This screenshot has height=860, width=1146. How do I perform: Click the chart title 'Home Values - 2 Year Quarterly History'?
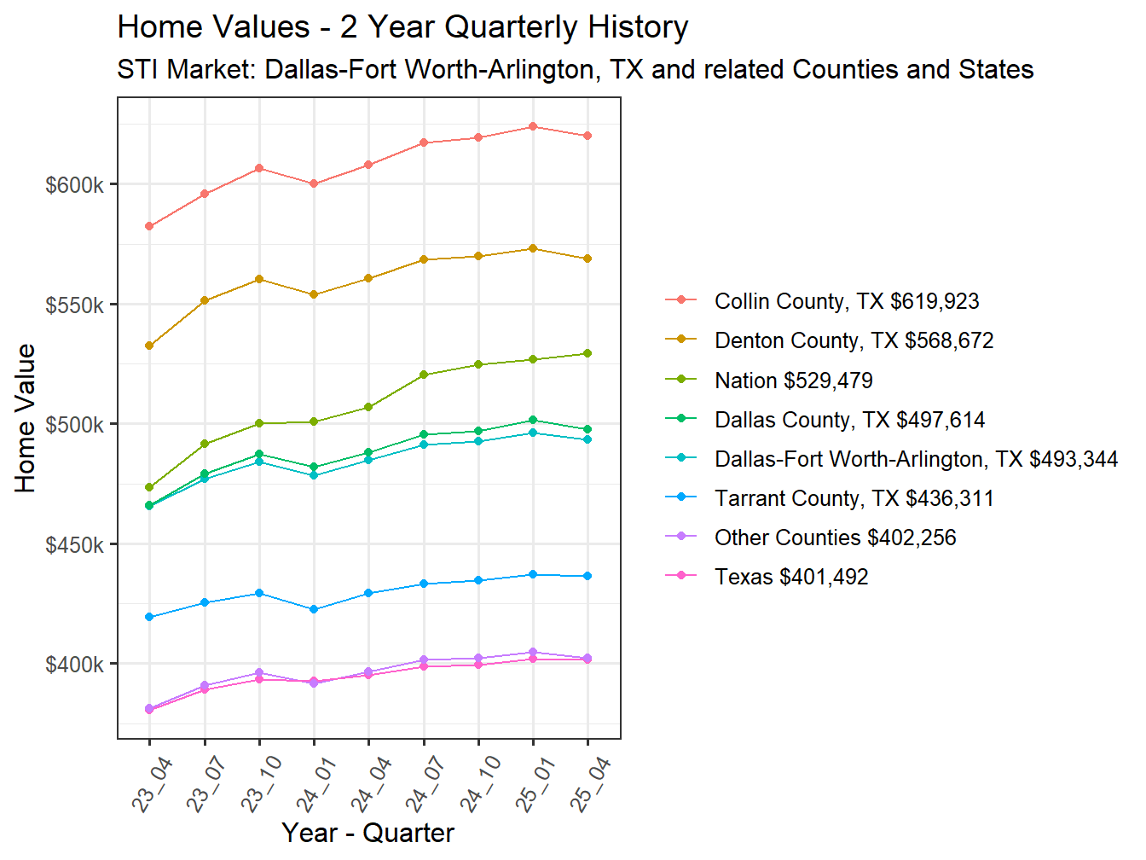[402, 27]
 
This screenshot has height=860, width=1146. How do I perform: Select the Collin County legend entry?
[846, 301]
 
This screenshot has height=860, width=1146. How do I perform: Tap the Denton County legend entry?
[854, 340]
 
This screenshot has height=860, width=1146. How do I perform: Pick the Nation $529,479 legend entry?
[793, 381]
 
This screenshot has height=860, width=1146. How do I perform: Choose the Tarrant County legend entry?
[854, 498]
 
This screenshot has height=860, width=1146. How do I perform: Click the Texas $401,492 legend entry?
[790, 577]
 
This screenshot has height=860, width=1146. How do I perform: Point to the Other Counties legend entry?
[835, 537]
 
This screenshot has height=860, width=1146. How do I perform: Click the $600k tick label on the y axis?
[74, 185]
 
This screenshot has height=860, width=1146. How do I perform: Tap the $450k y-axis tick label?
[74, 545]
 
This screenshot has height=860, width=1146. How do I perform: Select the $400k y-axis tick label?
[74, 665]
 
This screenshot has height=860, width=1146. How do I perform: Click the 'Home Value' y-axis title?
[26, 418]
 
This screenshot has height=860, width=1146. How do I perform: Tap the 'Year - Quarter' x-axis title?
[368, 833]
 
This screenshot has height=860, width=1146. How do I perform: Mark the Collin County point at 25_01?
[533, 126]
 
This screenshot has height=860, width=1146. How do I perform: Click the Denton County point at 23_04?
[149, 346]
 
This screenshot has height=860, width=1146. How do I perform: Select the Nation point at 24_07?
[424, 375]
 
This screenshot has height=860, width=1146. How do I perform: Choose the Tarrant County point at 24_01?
[314, 609]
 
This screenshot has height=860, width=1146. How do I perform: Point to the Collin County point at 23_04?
[149, 226]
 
